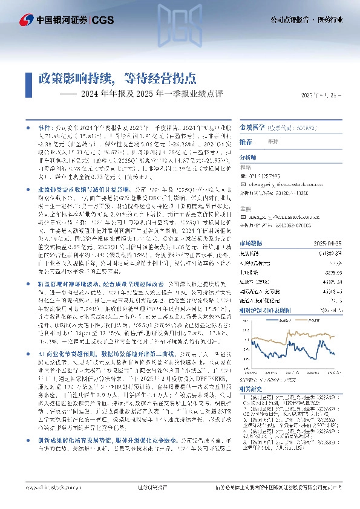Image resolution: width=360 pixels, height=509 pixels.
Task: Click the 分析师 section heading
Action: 249,155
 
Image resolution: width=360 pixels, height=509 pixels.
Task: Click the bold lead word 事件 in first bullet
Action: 44,129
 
